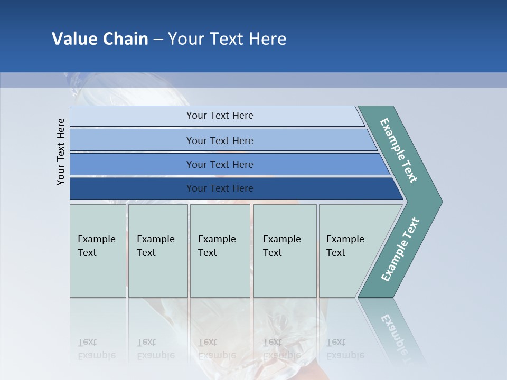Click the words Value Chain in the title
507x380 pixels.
[100, 39]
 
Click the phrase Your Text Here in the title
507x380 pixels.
[227, 39]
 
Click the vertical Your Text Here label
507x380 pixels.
[61, 151]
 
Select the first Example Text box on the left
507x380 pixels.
[98, 250]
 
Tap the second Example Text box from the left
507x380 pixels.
[157, 250]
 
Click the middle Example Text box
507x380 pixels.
[220, 250]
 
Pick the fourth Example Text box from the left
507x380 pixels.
[284, 250]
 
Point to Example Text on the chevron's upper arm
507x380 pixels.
[399, 151]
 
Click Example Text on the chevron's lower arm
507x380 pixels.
[400, 250]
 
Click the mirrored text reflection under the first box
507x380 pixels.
[96, 349]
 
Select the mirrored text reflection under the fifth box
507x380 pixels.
[345, 349]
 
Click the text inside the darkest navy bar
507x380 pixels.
[220, 188]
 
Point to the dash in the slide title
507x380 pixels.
[158, 40]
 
